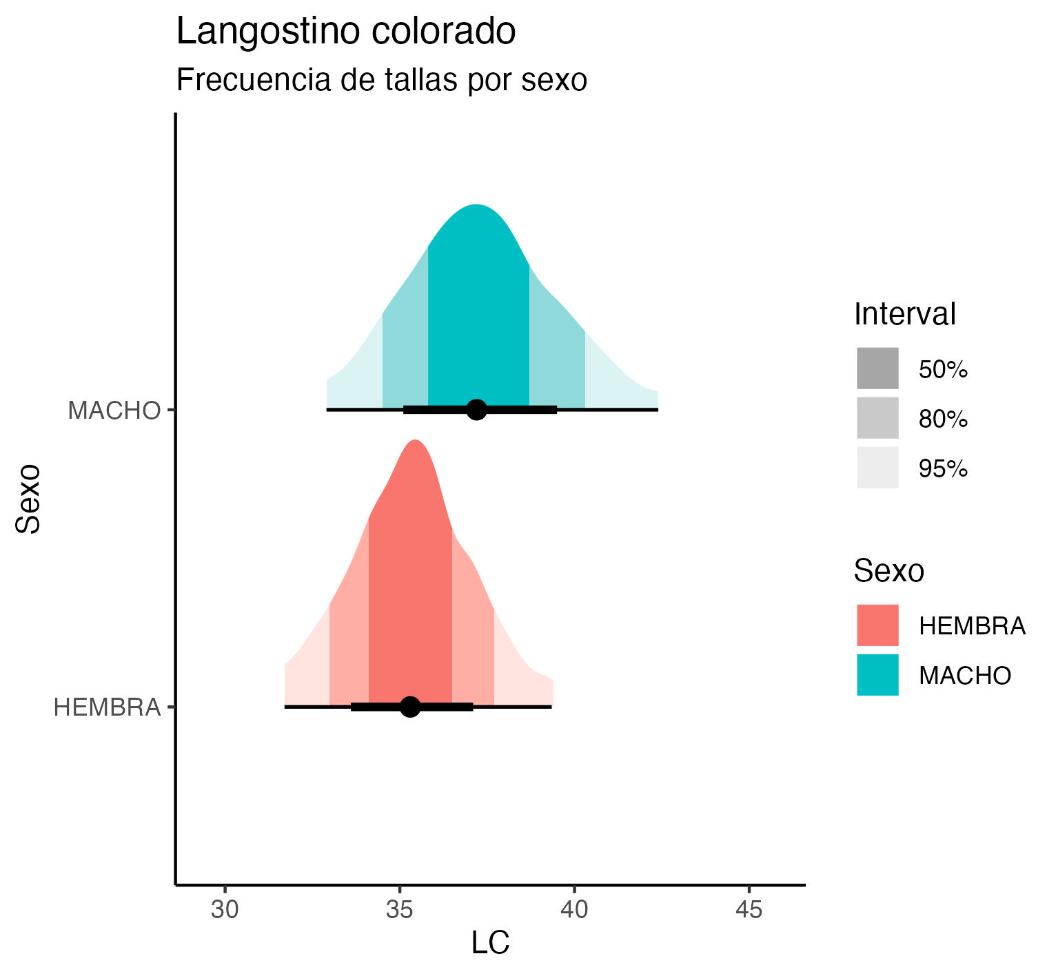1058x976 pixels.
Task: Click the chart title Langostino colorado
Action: click(x=346, y=32)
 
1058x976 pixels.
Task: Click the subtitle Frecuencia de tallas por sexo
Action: click(x=381, y=80)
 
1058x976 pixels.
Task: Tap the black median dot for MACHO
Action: click(x=476, y=409)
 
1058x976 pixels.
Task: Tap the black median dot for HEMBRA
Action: click(x=410, y=707)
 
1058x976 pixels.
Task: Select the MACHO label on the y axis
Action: click(x=114, y=411)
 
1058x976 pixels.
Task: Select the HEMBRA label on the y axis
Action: click(x=107, y=707)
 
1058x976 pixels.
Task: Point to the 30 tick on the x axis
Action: click(x=225, y=910)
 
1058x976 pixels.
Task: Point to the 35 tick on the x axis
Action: click(x=399, y=910)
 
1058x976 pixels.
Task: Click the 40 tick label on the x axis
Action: click(x=574, y=910)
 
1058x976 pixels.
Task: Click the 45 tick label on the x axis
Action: click(x=749, y=910)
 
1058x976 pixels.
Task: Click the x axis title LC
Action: click(x=490, y=943)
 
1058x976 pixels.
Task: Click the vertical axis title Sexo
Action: click(x=29, y=499)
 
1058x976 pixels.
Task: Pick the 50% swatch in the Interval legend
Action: click(x=877, y=368)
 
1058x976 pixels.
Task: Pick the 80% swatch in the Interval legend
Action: click(x=877, y=418)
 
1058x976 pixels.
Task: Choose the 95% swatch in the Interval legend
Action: click(x=877, y=468)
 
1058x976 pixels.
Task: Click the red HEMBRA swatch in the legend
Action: click(x=877, y=625)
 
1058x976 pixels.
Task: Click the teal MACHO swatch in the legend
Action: click(x=877, y=674)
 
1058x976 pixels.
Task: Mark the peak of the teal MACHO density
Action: click(x=476, y=206)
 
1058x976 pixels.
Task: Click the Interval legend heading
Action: click(x=904, y=314)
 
